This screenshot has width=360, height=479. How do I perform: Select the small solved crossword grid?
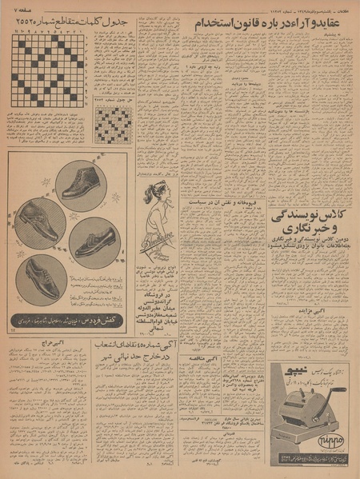(x=114, y=124)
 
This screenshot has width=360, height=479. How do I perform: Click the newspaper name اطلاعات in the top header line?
(x=344, y=7)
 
